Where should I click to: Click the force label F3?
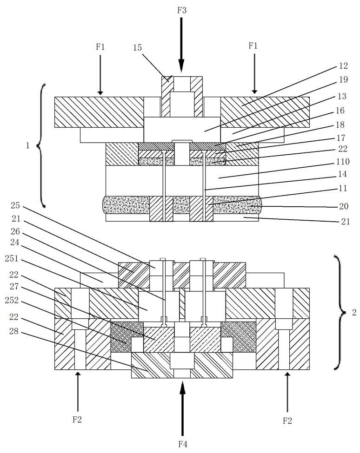click(182, 10)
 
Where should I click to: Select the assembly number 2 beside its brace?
click(353, 312)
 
